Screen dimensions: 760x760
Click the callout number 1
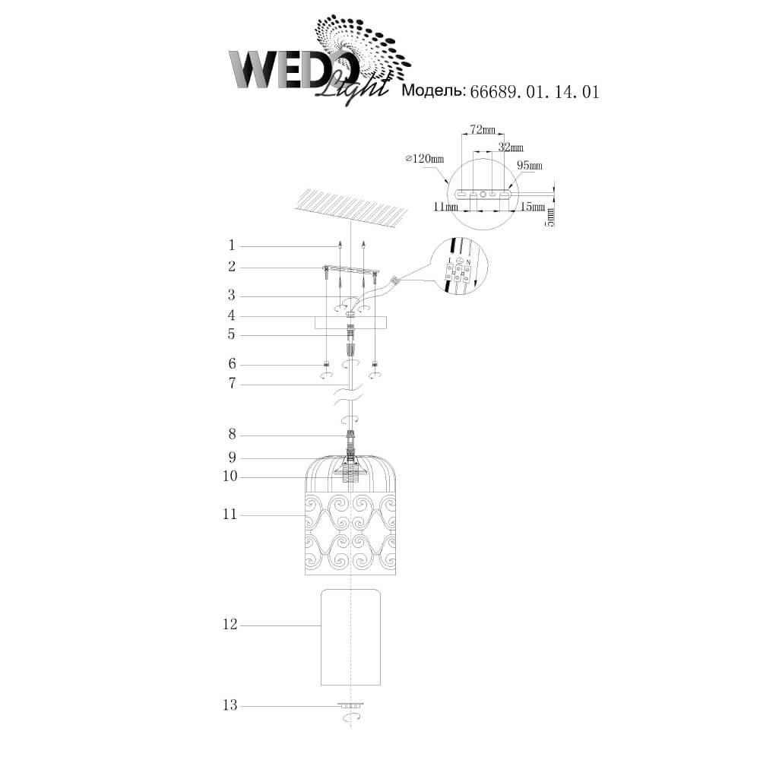(x=232, y=245)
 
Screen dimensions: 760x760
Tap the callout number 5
(x=232, y=334)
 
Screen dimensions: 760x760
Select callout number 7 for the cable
(x=232, y=384)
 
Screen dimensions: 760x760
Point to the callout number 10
(x=230, y=477)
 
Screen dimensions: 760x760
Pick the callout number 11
(x=230, y=515)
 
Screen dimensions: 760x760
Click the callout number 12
(x=230, y=625)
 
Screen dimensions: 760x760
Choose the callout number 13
(x=230, y=705)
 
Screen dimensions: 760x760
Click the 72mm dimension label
(x=483, y=130)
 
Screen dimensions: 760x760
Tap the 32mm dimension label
(x=511, y=147)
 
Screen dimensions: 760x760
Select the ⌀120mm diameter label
(x=425, y=159)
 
